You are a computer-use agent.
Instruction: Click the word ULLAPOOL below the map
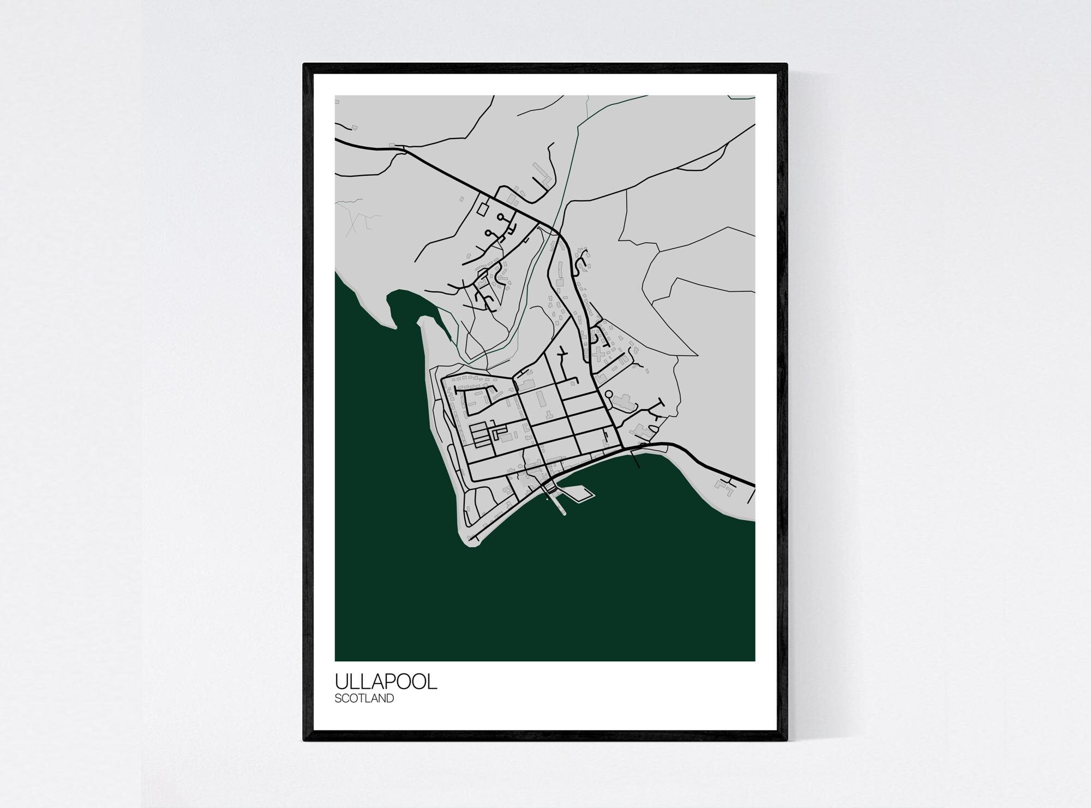[386, 681]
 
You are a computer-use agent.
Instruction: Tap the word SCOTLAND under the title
[364, 698]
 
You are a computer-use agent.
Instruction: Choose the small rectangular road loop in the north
[483, 208]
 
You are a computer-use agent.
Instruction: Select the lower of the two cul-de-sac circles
[488, 233]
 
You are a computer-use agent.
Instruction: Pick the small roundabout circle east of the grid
[609, 393]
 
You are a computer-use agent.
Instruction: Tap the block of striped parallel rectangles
[479, 435]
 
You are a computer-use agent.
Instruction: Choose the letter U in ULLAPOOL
[341, 681]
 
